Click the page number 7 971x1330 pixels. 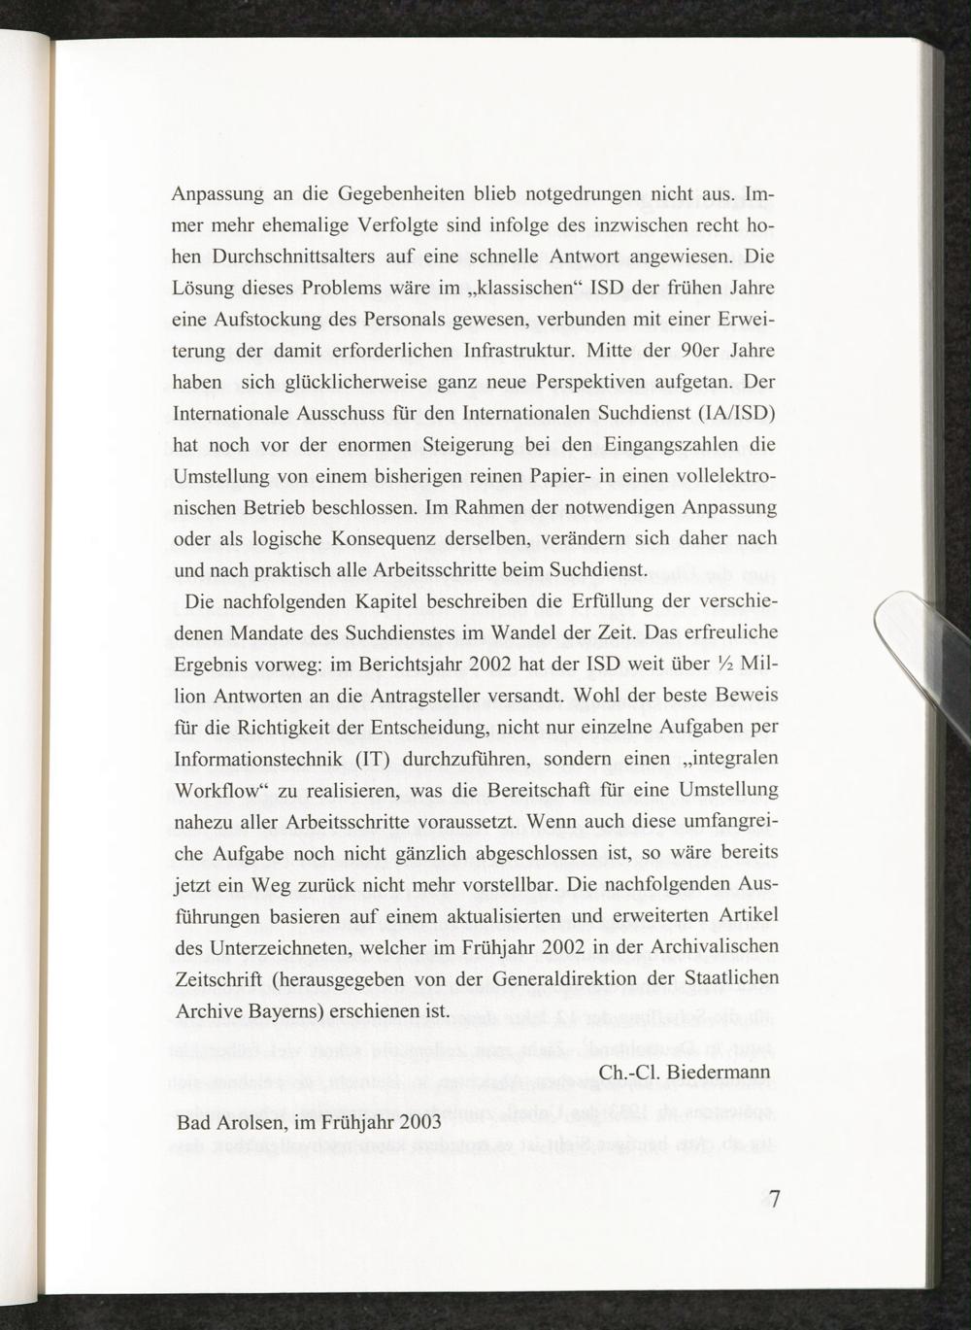[774, 1199]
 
